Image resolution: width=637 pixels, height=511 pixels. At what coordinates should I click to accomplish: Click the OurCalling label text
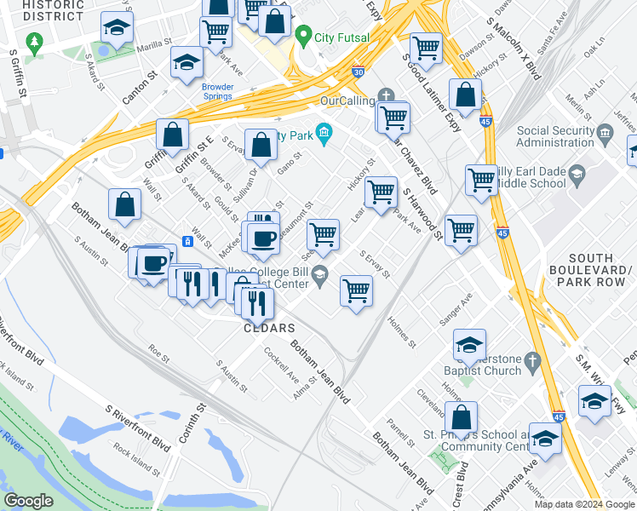[x=347, y=100]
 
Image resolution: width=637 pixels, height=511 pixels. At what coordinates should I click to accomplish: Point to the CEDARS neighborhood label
[x=269, y=328]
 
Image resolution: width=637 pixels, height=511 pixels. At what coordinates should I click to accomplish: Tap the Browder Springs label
[x=217, y=91]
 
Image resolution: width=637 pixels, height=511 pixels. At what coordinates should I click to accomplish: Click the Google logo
[x=28, y=501]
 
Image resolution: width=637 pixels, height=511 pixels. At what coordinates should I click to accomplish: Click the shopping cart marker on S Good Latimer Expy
[x=426, y=48]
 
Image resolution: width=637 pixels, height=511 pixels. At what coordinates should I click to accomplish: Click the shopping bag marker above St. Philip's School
[x=461, y=417]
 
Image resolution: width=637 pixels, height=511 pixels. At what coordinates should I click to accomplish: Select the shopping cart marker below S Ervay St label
[x=356, y=290]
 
